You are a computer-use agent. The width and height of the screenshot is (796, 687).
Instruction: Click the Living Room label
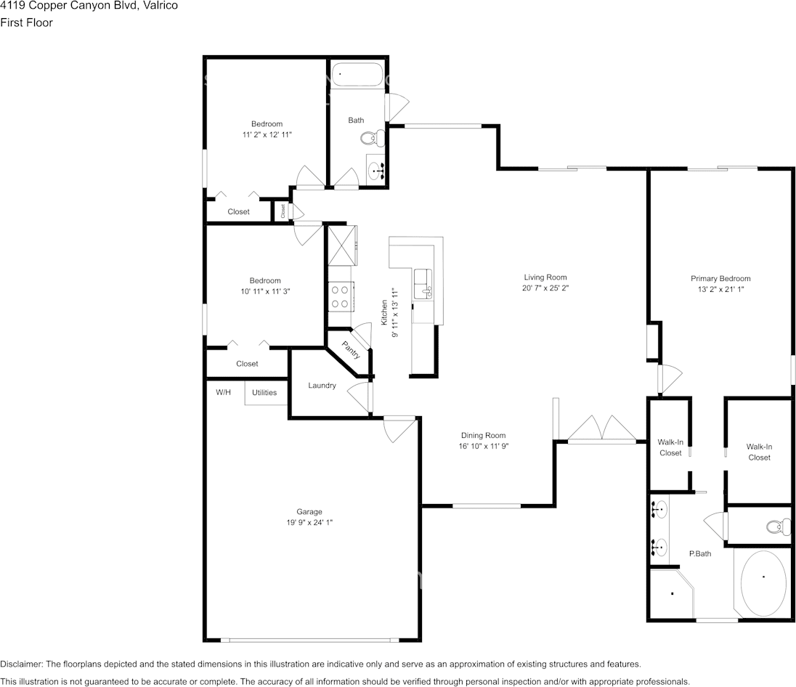tap(545, 277)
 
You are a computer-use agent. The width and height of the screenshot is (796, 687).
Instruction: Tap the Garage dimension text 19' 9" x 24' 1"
tap(309, 522)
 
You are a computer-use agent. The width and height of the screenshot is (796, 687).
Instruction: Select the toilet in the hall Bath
tap(372, 137)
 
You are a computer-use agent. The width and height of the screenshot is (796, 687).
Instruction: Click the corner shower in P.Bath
tap(671, 593)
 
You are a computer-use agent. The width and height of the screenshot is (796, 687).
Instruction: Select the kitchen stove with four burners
tap(340, 296)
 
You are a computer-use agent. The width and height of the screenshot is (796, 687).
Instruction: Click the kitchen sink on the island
tap(423, 284)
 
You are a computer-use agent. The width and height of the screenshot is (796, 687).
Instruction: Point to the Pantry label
tap(352, 351)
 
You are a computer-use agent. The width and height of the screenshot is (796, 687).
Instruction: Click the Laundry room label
tap(322, 386)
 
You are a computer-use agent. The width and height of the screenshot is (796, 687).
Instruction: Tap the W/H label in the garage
tap(224, 392)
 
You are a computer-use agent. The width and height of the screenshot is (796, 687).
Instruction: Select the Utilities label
tap(264, 392)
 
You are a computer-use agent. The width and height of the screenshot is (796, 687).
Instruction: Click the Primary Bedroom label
tap(720, 279)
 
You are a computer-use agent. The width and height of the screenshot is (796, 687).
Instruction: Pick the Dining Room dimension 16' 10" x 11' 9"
tap(478, 447)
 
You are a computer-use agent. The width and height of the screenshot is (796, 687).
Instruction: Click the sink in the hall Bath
tap(376, 171)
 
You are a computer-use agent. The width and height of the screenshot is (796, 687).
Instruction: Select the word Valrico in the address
tap(159, 5)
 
